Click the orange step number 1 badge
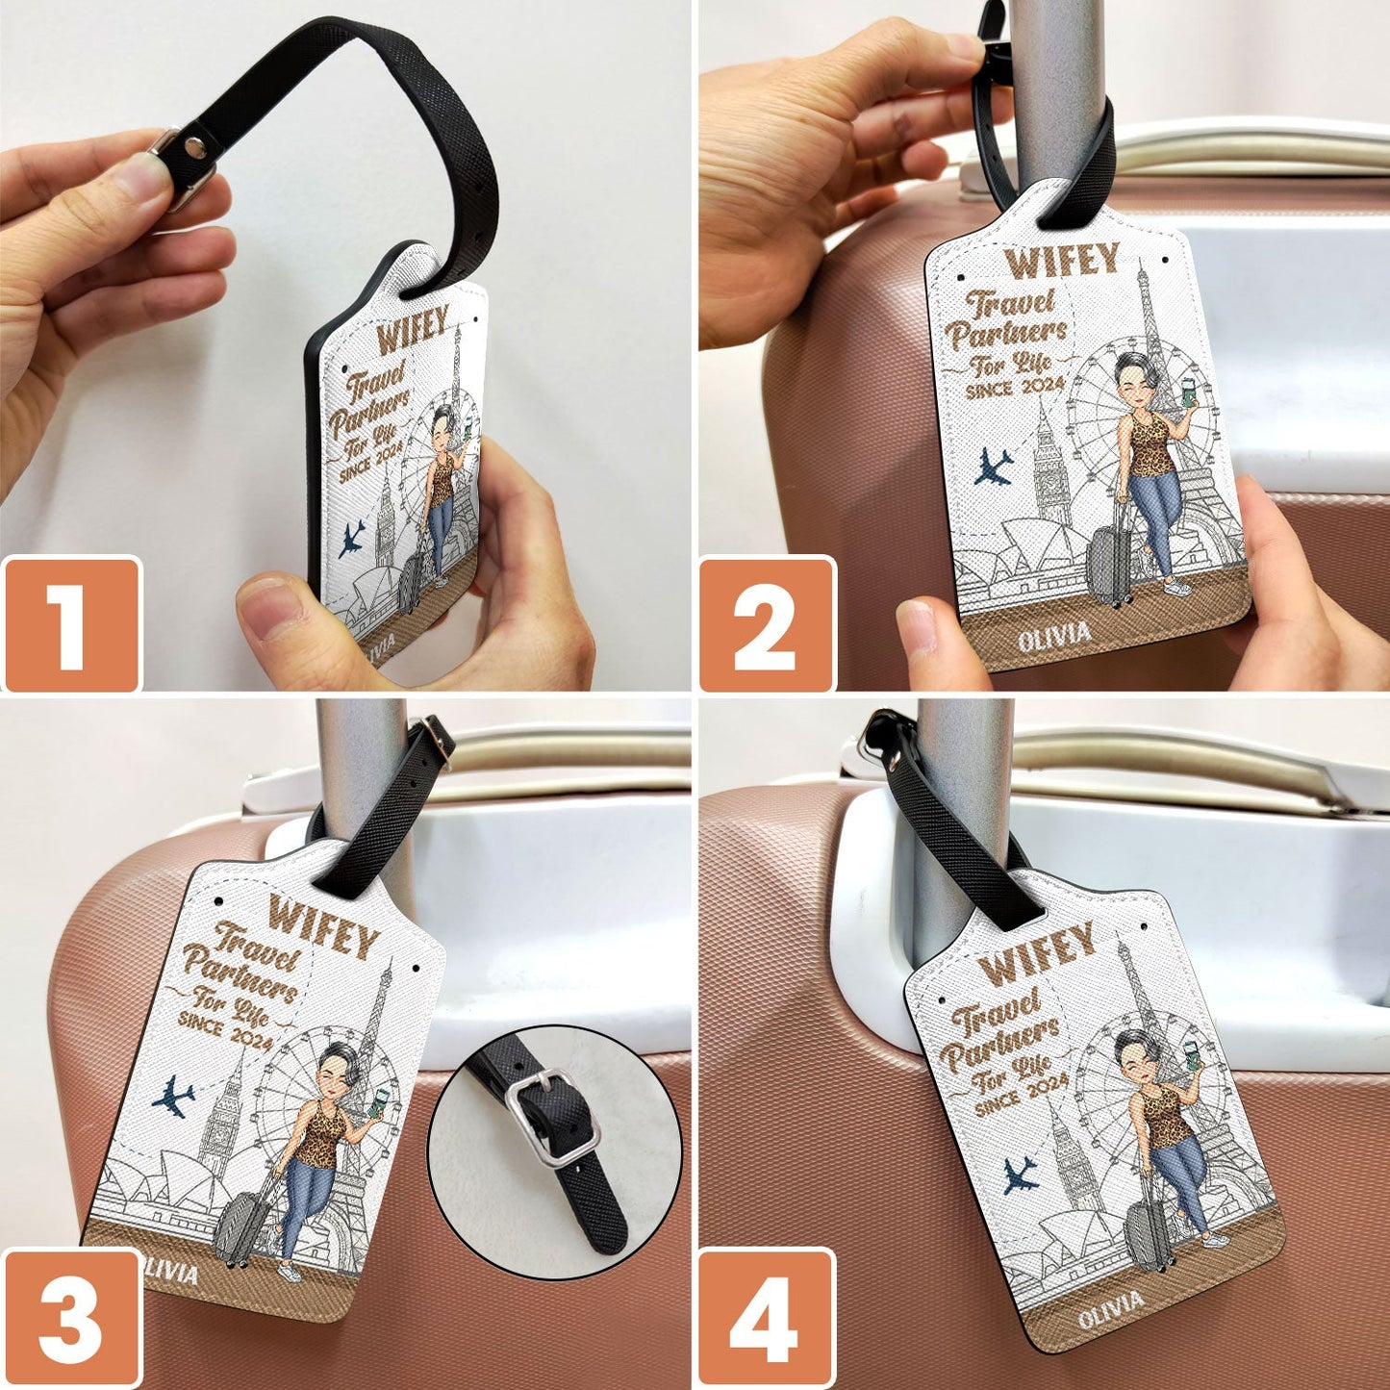[x=72, y=624]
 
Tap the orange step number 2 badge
[x=767, y=624]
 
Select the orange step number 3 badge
[x=72, y=1317]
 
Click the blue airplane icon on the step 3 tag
[x=173, y=1098]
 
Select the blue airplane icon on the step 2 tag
[x=993, y=468]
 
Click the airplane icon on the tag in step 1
[x=351, y=540]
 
